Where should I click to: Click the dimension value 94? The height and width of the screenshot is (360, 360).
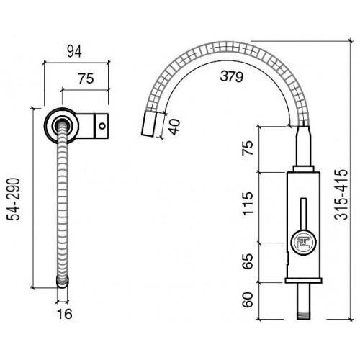(74, 51)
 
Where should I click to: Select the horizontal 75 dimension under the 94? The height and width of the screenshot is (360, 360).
(86, 78)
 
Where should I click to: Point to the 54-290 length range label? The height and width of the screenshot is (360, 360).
(13, 199)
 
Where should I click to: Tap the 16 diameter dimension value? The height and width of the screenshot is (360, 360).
(65, 314)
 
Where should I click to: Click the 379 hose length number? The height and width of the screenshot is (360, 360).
(232, 76)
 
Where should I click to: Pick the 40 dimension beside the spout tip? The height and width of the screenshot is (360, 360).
(174, 127)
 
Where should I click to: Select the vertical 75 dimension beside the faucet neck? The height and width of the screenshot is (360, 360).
(248, 148)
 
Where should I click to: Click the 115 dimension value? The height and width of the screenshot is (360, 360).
(248, 204)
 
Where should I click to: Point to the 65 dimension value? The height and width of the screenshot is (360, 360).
(248, 261)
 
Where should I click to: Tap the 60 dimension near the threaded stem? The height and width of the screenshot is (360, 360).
(248, 300)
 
